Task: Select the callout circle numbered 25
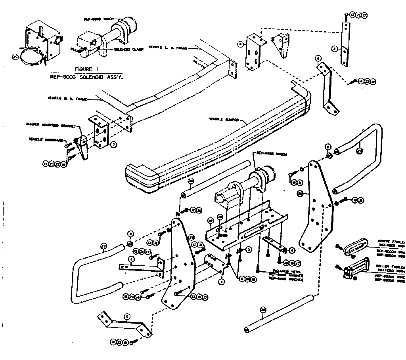(x=15, y=57)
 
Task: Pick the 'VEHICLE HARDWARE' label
(x=44, y=139)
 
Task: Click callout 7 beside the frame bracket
(x=113, y=145)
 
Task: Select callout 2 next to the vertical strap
(x=335, y=49)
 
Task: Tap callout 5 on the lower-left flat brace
(x=126, y=316)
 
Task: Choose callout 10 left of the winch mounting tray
(x=211, y=220)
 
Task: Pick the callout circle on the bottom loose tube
(x=263, y=310)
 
